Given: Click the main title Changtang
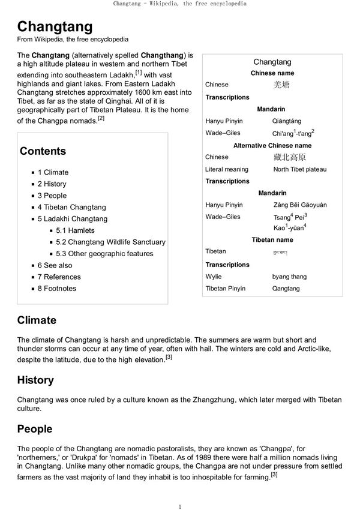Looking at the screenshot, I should click(55, 26).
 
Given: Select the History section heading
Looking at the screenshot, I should click(35, 380).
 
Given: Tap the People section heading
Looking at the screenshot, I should click(35, 429).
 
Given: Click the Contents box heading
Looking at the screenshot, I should click(43, 151).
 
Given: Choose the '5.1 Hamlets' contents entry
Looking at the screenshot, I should click(75, 230).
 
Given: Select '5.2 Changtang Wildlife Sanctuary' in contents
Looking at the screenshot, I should click(110, 242).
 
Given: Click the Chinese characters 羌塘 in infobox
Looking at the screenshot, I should click(281, 85).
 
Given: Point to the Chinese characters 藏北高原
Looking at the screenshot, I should click(289, 157).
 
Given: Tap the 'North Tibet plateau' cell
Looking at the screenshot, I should click(299, 169).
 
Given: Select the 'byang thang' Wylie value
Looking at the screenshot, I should click(289, 277).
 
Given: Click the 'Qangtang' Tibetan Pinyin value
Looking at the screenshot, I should click(286, 289).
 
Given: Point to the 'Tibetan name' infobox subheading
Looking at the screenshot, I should click(272, 240).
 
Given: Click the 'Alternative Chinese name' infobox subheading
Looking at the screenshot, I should click(272, 145).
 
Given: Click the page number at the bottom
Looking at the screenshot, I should click(180, 506).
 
